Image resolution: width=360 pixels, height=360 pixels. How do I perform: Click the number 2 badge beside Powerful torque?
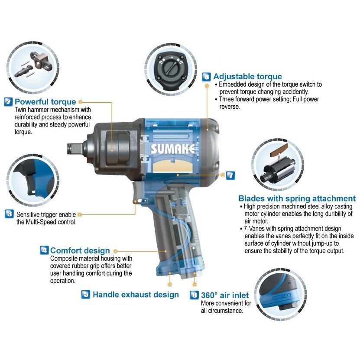click(8, 102)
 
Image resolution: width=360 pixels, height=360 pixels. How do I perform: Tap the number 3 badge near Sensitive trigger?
click(9, 214)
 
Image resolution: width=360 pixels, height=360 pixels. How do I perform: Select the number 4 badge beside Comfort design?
click(44, 250)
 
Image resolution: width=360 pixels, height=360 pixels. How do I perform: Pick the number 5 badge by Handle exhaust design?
click(86, 294)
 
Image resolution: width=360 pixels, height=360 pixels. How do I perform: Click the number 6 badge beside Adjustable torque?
click(206, 77)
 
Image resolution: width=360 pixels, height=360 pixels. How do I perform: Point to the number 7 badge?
click(230, 175)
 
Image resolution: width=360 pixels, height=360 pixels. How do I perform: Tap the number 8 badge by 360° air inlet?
click(194, 295)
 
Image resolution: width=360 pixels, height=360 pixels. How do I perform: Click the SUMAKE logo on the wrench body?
click(173, 149)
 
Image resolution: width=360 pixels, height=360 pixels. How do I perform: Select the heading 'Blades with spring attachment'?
click(297, 198)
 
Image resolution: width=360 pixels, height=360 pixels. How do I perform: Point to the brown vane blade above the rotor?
click(279, 150)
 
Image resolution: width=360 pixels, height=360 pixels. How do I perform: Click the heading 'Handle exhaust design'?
click(136, 295)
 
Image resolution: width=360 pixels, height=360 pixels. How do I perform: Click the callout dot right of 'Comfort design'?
click(116, 251)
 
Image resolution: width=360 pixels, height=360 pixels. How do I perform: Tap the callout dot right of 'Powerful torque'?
click(80, 102)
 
